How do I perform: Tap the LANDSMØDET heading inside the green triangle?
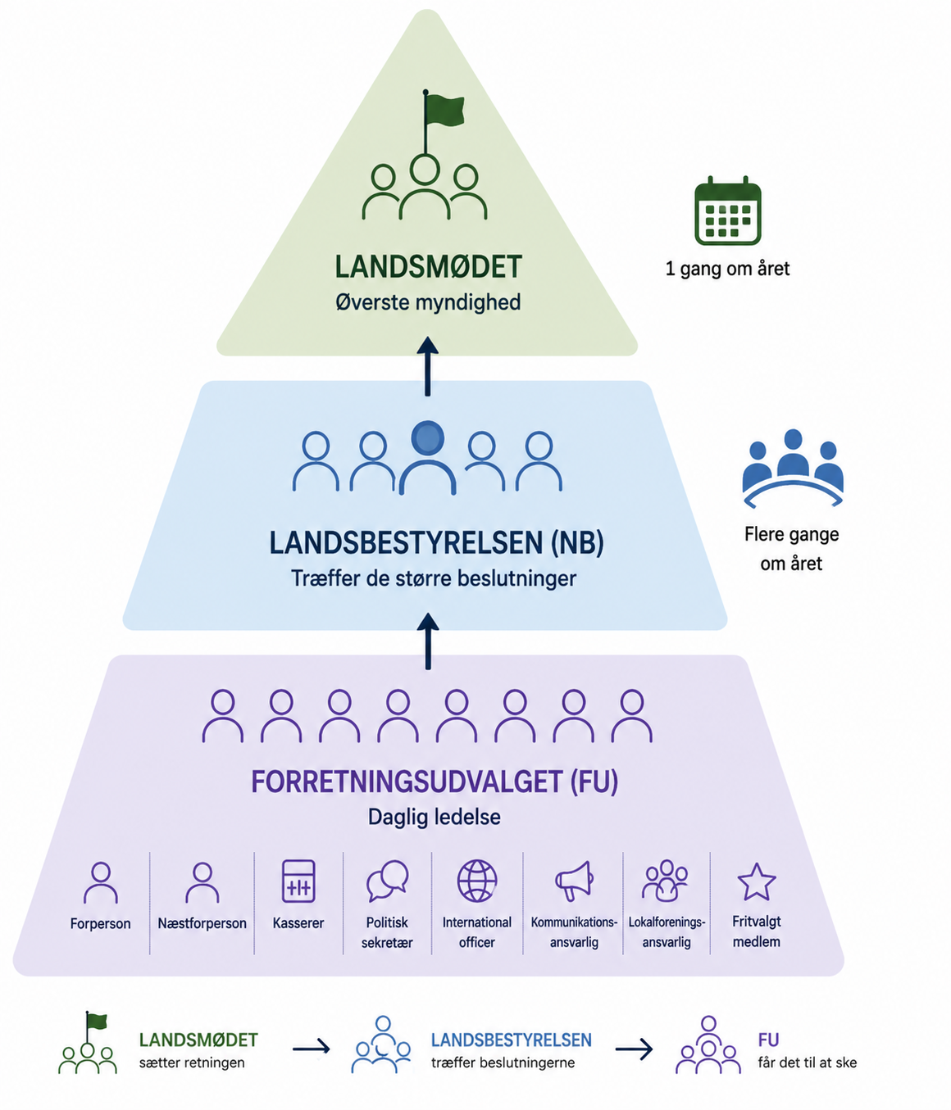(428, 267)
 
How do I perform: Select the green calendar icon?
(727, 211)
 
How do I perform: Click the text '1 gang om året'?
(727, 269)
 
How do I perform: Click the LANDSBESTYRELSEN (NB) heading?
(436, 543)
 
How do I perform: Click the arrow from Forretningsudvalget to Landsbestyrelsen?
(427, 641)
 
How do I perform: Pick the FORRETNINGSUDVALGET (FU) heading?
(434, 782)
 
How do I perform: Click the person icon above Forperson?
(100, 882)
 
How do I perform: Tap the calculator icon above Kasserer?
(298, 881)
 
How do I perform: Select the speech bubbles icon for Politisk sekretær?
(387, 881)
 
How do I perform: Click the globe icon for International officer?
(477, 881)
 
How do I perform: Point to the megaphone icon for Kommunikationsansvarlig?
(574, 881)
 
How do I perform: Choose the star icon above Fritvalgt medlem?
(756, 882)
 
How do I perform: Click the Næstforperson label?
(202, 923)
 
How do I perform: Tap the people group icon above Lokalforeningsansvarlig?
(666, 881)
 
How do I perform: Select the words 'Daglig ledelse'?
(434, 817)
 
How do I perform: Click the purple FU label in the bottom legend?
(768, 1040)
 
